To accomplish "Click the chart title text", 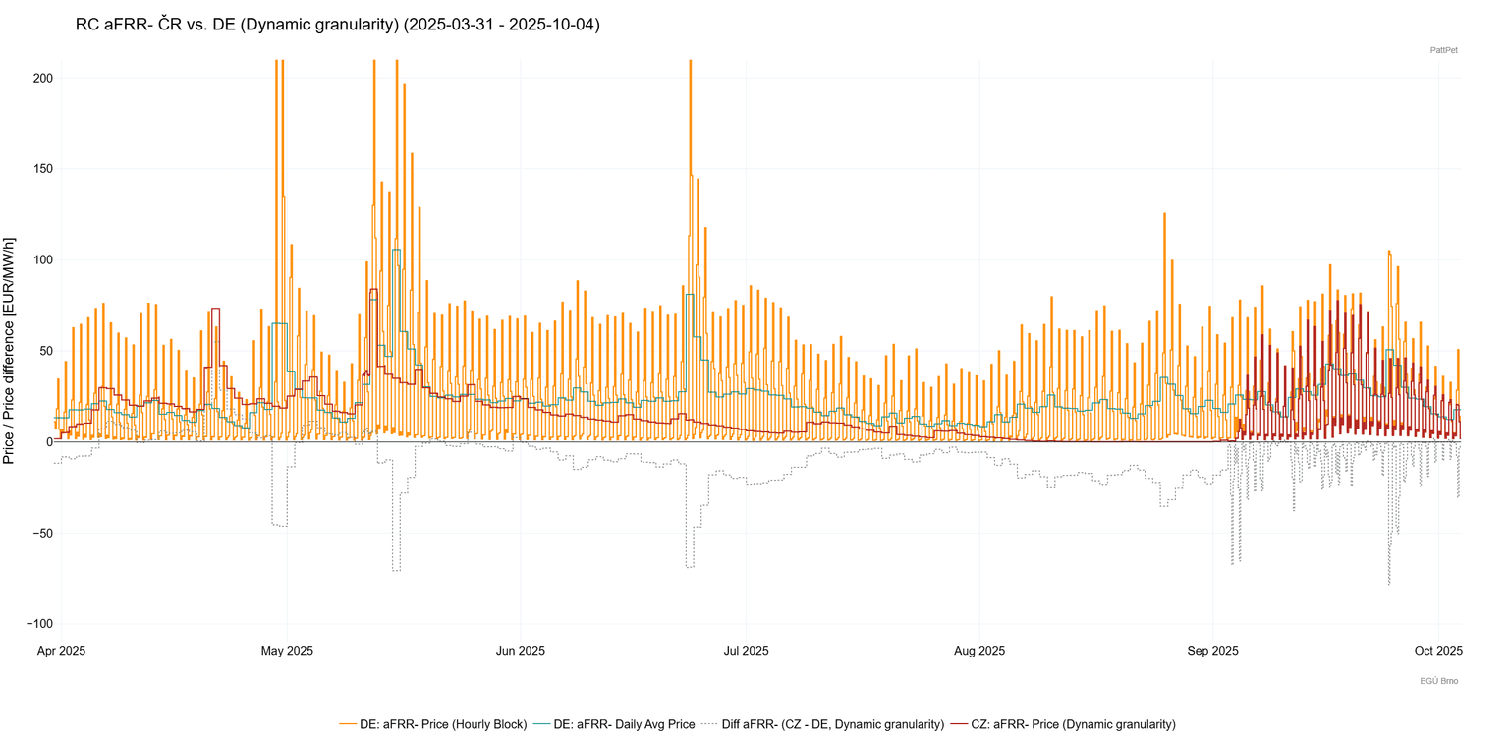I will [x=337, y=25].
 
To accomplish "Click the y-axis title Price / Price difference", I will [x=9, y=351].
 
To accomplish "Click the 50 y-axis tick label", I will [x=43, y=351].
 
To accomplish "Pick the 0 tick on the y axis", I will [x=47, y=442].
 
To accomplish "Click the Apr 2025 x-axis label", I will [x=61, y=650].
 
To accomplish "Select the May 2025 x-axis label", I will [x=287, y=650].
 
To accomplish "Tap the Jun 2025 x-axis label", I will [x=520, y=650].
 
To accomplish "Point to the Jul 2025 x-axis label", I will [x=746, y=650].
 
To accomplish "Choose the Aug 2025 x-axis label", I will [x=979, y=650].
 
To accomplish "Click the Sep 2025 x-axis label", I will [x=1212, y=650].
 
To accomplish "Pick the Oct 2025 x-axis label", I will [x=1438, y=650].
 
